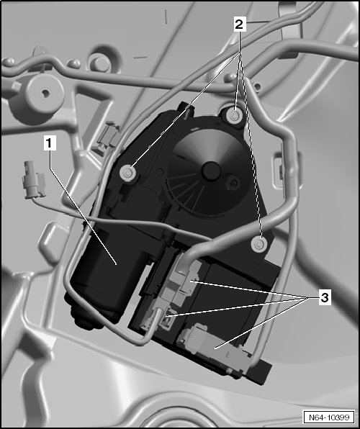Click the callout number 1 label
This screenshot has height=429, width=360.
coord(50,143)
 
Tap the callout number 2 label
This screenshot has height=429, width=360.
coord(239,24)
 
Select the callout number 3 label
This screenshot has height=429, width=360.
coord(324,297)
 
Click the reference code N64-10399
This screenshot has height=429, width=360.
coord(329,417)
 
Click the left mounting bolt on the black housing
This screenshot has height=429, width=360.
coord(128,173)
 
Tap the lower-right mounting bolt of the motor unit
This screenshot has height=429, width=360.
coord(259,244)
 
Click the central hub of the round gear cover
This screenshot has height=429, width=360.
coord(211,171)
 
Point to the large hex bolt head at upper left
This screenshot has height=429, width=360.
coord(101,64)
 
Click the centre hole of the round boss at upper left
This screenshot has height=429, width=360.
coord(45,94)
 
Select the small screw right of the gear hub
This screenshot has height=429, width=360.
coord(233,182)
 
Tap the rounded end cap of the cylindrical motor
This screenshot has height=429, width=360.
coord(82,315)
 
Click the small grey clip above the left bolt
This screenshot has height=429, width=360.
coord(108,136)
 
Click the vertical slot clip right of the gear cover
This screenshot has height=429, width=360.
coord(279,169)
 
